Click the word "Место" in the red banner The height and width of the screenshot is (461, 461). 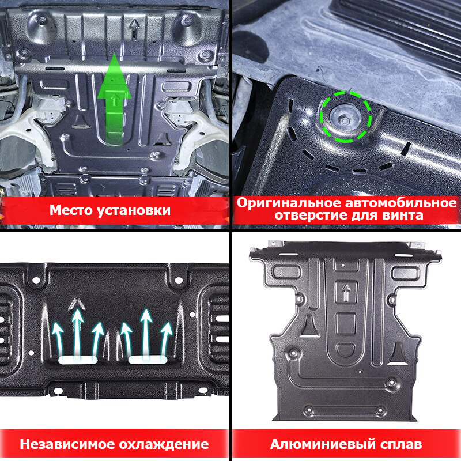click(x=71, y=210)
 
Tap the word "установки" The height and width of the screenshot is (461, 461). click(x=134, y=211)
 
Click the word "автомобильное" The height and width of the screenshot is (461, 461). click(x=400, y=203)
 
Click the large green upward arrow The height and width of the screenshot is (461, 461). click(x=114, y=99)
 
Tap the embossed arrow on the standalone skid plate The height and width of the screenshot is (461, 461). click(x=347, y=292)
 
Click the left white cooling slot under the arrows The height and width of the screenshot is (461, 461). click(x=78, y=360)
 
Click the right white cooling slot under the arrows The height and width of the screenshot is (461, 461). click(x=148, y=359)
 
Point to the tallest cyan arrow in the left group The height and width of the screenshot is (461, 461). click(x=78, y=332)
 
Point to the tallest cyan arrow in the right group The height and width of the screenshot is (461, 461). click(x=146, y=332)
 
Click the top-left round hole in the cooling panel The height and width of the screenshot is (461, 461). click(x=36, y=280)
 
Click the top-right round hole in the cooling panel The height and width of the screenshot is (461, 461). click(x=179, y=280)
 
